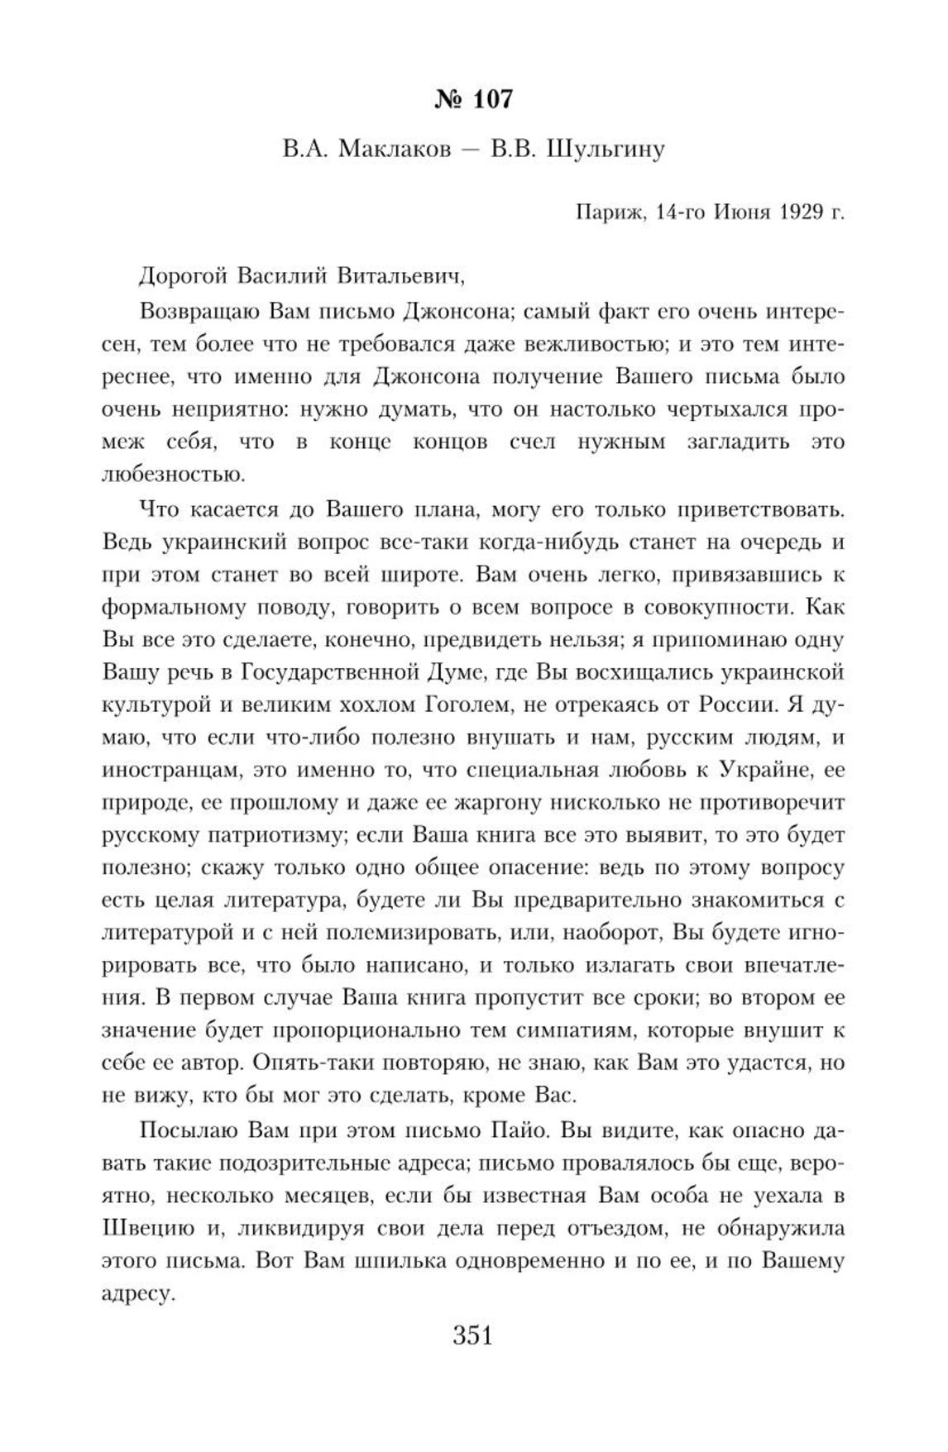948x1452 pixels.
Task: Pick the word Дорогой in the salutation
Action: (x=183, y=275)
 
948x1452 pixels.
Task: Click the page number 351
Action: (x=473, y=1335)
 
